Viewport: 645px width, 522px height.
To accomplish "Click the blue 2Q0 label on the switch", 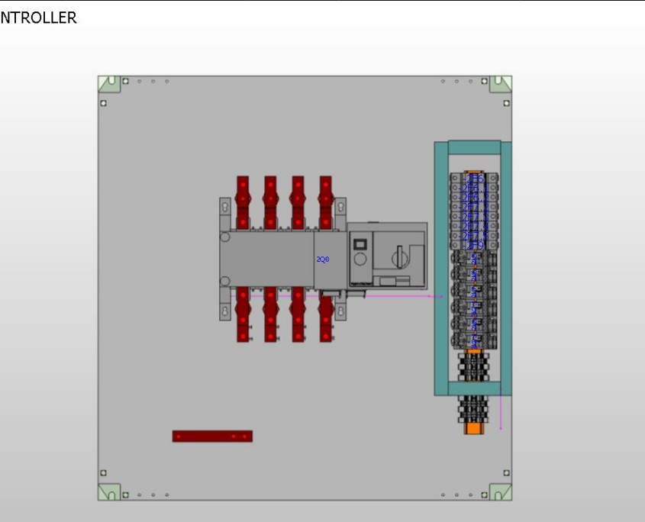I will (x=322, y=260).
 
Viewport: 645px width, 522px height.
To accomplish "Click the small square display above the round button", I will (x=360, y=245).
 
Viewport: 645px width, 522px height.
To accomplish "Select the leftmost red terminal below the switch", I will (x=243, y=314).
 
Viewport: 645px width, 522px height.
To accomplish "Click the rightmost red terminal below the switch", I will (x=326, y=314).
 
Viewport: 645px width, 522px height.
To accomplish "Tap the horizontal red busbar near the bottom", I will (x=212, y=437).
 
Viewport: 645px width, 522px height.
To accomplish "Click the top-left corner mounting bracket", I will (x=109, y=83).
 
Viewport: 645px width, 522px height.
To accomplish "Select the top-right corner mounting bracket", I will (x=500, y=83).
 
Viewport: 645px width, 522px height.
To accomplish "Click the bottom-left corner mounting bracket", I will (x=109, y=492).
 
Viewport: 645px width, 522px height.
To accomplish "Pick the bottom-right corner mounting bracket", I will (x=500, y=492).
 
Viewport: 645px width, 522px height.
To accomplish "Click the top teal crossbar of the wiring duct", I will (x=474, y=148).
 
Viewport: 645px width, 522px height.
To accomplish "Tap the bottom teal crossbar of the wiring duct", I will (x=474, y=388).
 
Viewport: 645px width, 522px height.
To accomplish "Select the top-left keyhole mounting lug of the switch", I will (x=225, y=208).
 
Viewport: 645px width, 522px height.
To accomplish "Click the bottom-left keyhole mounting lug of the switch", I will (x=225, y=311).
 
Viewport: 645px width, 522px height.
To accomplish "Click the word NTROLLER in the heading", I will (x=38, y=18).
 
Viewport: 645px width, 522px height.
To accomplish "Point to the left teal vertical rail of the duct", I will (x=440, y=267).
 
